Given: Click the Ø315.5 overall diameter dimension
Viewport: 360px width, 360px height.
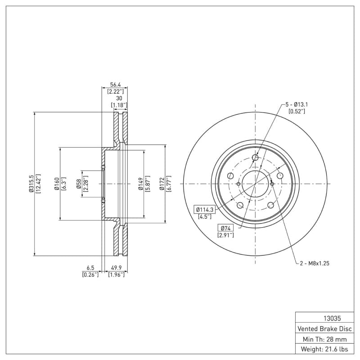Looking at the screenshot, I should pyautogui.click(x=31, y=184).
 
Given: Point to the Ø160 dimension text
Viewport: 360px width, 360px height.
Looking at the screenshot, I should pyautogui.click(x=56, y=184).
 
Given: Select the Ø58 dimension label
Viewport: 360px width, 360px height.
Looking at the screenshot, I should pyautogui.click(x=78, y=184).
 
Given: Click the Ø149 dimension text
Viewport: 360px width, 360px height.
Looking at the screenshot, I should pyautogui.click(x=140, y=184).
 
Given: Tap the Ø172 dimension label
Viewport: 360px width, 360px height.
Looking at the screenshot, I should pyautogui.click(x=162, y=184).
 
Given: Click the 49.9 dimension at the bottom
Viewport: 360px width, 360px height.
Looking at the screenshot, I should pyautogui.click(x=116, y=267).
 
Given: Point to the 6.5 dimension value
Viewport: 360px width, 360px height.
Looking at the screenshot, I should pyautogui.click(x=90, y=267).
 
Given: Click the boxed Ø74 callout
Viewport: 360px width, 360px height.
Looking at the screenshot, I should pyautogui.click(x=225, y=228).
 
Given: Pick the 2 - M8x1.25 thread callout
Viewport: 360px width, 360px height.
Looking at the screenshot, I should pyautogui.click(x=315, y=263).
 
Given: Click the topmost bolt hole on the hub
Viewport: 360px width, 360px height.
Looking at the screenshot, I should pyautogui.click(x=255, y=157).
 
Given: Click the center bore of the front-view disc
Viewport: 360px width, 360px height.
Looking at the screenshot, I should pyautogui.click(x=255, y=184).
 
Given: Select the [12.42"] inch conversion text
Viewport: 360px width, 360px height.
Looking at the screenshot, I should pyautogui.click(x=38, y=184).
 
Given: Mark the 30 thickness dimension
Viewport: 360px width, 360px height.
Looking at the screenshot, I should pyautogui.click(x=119, y=98).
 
